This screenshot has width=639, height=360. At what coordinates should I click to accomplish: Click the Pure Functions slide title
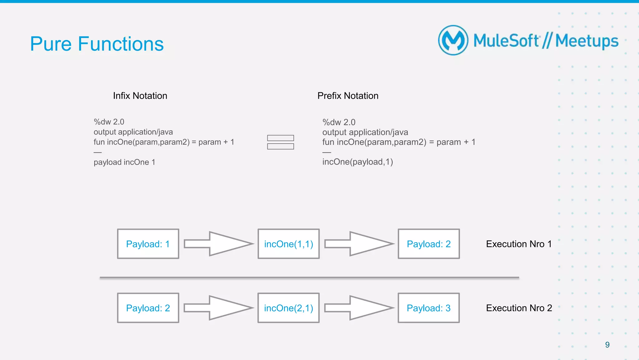(97, 44)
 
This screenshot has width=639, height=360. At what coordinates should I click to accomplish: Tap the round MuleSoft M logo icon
(453, 40)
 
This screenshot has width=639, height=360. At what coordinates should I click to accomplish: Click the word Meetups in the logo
(587, 41)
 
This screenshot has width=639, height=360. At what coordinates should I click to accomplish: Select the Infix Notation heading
(140, 96)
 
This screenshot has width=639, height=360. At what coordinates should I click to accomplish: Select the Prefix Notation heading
(348, 96)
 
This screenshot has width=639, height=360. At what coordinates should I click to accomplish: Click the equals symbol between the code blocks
(280, 142)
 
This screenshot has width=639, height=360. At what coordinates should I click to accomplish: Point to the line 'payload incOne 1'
(124, 162)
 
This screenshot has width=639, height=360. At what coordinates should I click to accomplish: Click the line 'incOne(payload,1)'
(358, 162)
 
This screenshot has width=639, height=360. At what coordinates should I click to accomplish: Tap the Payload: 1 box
(148, 244)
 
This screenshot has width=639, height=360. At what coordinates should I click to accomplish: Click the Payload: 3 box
(429, 308)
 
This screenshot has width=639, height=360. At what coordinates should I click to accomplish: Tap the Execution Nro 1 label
(519, 244)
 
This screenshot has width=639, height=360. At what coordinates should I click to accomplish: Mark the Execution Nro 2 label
(519, 308)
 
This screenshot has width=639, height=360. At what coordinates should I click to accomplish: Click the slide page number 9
(607, 345)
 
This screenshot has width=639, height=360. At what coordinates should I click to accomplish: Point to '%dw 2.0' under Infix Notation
(109, 122)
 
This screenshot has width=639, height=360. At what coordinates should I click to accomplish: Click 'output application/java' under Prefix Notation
(365, 132)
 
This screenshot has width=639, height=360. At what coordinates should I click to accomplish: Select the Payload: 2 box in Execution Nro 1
(429, 244)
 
